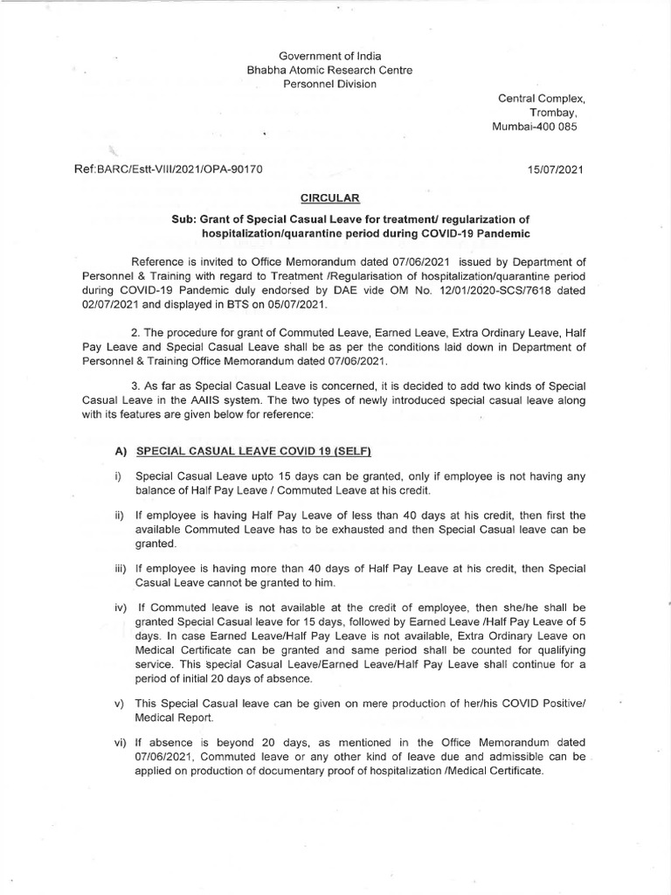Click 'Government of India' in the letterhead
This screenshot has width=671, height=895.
319,56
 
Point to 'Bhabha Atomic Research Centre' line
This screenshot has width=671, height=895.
319,70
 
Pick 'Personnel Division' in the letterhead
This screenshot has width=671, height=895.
319,84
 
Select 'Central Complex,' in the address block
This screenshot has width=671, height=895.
535,99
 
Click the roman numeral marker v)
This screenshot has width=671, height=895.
120,702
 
